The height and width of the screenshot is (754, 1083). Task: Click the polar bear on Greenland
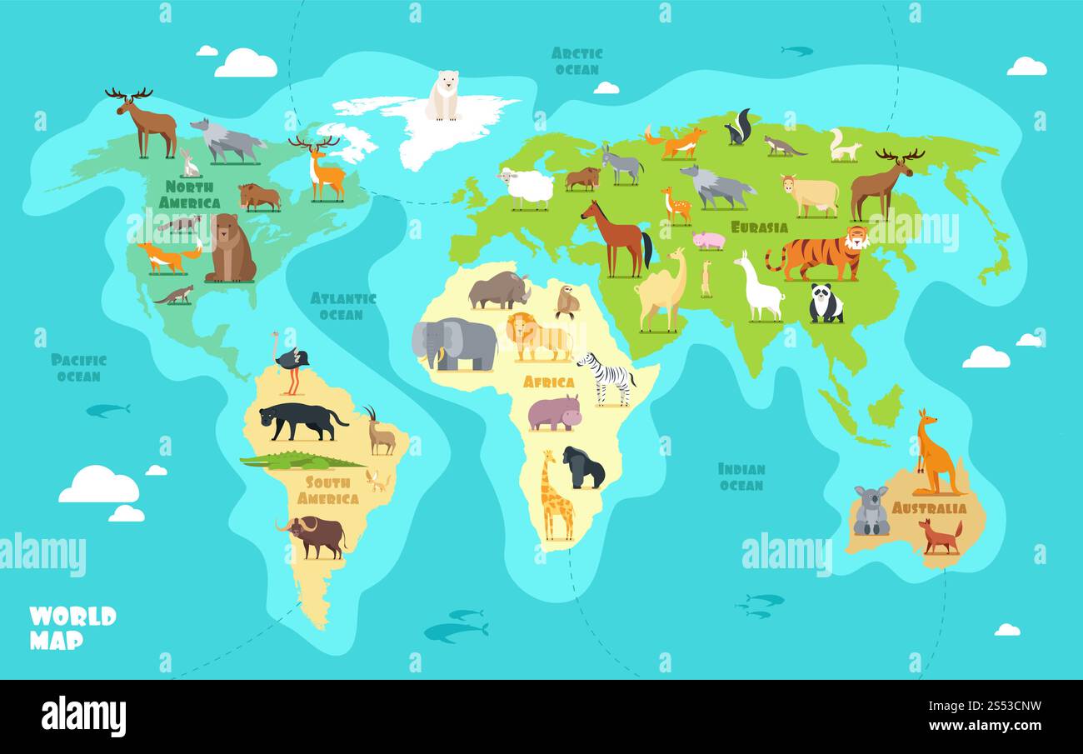point(442,96)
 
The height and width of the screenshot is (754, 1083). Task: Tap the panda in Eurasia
point(826,304)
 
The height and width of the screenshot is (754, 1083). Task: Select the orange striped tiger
point(816,253)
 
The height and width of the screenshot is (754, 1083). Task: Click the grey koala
point(871,511)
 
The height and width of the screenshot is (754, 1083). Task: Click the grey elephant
point(454,343)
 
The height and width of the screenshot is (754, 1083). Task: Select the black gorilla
point(582,468)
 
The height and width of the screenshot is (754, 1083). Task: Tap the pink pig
point(708,241)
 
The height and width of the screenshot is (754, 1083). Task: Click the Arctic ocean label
point(576,61)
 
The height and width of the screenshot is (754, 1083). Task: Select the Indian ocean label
point(741,477)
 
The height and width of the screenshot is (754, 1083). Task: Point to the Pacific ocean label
point(78,367)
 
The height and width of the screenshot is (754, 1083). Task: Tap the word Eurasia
point(759,227)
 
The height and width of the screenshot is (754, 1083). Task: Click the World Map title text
point(72,627)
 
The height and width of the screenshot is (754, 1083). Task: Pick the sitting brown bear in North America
point(229,249)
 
